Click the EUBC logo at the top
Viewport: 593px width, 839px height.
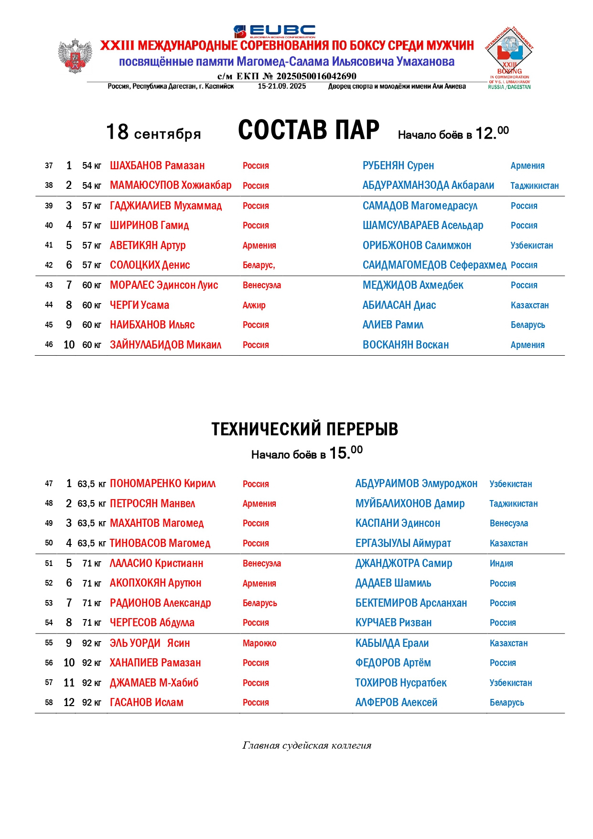[274, 31]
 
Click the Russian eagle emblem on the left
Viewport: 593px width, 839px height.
[75, 56]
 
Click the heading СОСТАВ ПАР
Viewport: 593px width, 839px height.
[308, 130]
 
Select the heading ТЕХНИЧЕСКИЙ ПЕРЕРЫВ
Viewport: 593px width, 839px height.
[304, 429]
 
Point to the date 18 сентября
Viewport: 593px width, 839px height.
[153, 132]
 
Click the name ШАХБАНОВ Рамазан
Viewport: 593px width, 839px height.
[157, 166]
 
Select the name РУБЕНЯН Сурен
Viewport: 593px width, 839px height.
[398, 166]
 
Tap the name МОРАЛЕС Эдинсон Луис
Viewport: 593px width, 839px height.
[164, 285]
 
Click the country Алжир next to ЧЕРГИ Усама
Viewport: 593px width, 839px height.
[254, 305]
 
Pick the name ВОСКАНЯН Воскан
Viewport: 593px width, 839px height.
[406, 345]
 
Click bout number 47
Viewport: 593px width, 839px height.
[49, 484]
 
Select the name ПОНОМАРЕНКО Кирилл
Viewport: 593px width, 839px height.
[162, 484]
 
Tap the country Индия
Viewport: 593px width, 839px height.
[501, 564]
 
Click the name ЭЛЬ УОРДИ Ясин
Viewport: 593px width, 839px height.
[150, 643]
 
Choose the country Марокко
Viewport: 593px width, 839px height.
[259, 643]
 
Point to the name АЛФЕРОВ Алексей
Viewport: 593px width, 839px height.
[396, 703]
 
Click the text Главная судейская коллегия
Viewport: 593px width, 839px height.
[307, 745]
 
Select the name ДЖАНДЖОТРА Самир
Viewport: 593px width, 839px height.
[403, 564]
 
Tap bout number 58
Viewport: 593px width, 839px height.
[49, 703]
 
